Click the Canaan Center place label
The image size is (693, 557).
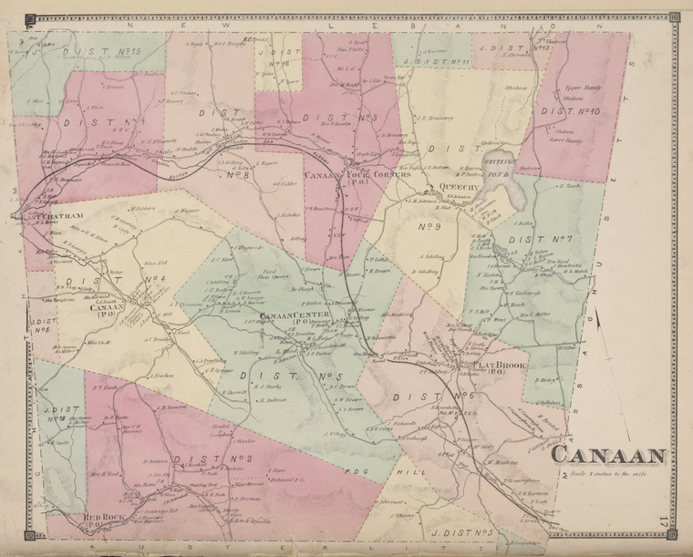[295, 317]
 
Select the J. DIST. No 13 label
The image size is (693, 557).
[516, 46]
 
